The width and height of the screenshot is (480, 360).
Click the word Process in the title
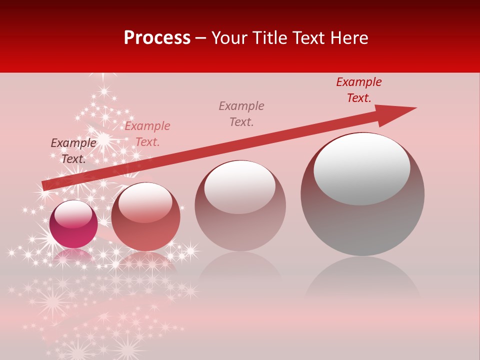tap(156, 38)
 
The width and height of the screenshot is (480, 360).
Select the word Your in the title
tap(229, 38)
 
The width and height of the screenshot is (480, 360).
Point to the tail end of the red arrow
tap(45, 185)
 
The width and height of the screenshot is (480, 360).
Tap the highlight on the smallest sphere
tap(73, 214)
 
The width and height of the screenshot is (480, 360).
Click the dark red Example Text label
tap(358, 90)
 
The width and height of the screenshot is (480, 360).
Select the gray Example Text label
tap(241, 113)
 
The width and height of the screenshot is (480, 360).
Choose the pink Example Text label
tap(147, 133)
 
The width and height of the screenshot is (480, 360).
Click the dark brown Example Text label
tap(73, 150)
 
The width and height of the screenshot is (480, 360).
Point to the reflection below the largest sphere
tap(362, 280)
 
